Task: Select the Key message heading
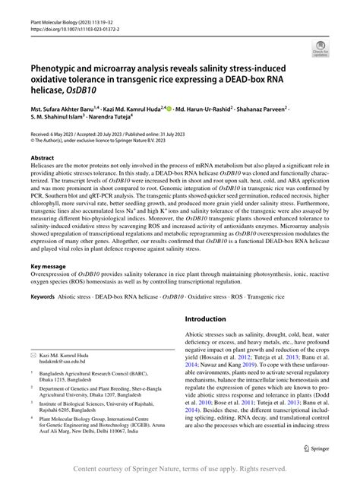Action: point(52,267)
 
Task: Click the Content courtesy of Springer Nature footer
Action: point(180,470)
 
